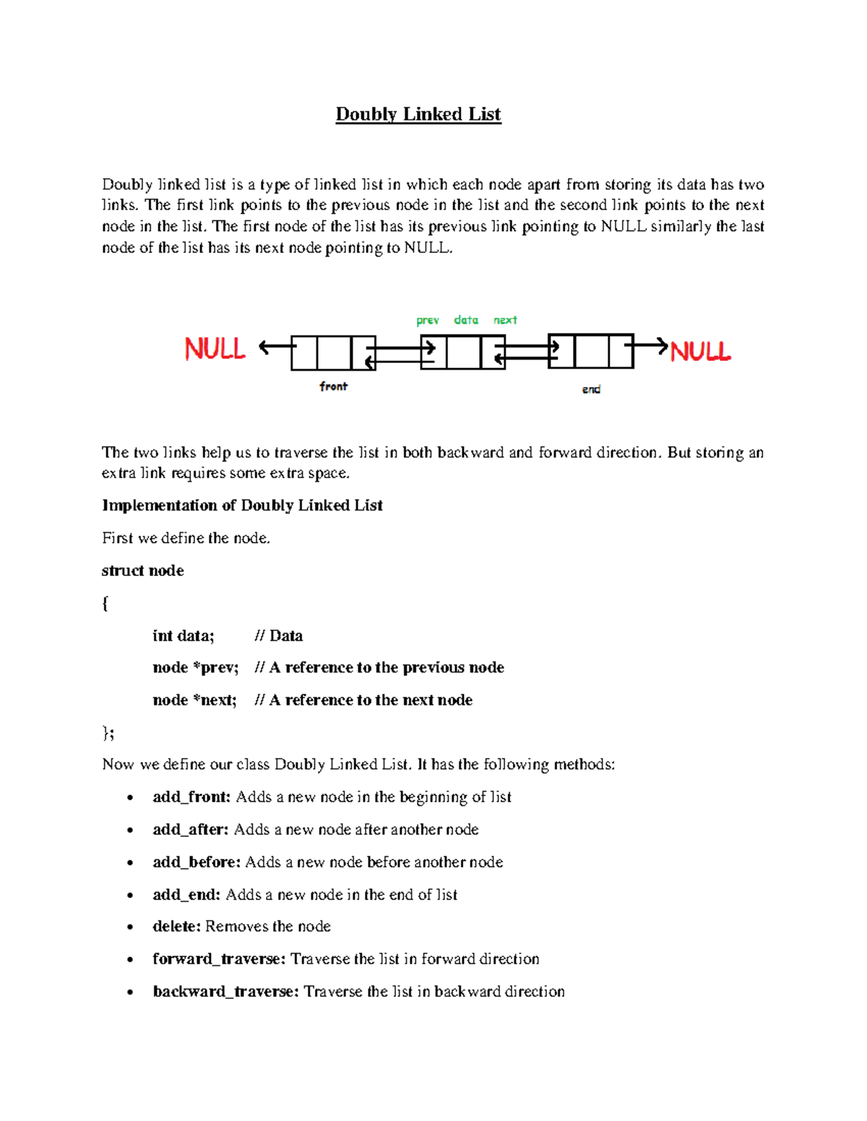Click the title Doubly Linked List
click(x=418, y=114)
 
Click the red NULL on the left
click(x=215, y=349)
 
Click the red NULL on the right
click(x=700, y=352)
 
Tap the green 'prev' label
click(x=427, y=320)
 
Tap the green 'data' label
click(x=466, y=319)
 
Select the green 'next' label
click(x=505, y=320)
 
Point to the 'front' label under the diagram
click(x=333, y=386)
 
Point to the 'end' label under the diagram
click(x=591, y=389)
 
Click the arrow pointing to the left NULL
click(x=275, y=347)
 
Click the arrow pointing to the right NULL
click(x=650, y=346)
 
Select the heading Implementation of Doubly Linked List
click(x=242, y=505)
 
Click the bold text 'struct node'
click(x=143, y=570)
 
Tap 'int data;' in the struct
click(x=184, y=635)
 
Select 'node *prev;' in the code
click(x=195, y=667)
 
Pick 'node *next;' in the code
click(x=194, y=699)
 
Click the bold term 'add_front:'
click(x=191, y=797)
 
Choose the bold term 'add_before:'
click(x=197, y=862)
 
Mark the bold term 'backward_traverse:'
click(x=225, y=991)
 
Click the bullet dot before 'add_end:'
click(x=130, y=896)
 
